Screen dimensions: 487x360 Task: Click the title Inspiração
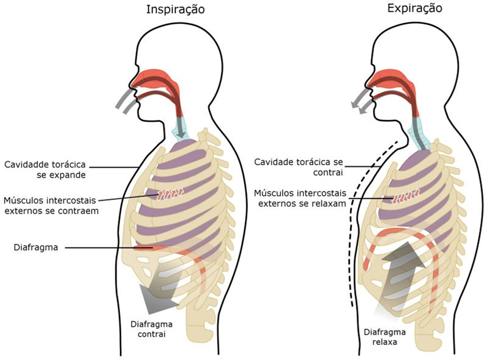(176, 10)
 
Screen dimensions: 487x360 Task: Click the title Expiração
(415, 8)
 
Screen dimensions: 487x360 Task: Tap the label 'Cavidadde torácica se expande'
(45, 170)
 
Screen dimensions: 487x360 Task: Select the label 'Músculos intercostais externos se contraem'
(50, 206)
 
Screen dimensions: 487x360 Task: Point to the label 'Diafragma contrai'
(151, 329)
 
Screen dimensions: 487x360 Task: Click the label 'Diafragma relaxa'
(385, 337)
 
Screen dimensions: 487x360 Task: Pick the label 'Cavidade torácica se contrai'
(299, 167)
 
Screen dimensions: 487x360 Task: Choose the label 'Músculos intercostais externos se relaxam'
(300, 198)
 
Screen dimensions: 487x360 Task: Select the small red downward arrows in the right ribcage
(406, 197)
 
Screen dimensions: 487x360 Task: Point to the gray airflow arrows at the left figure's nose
(126, 101)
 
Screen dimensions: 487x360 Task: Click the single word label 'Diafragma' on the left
(36, 248)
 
